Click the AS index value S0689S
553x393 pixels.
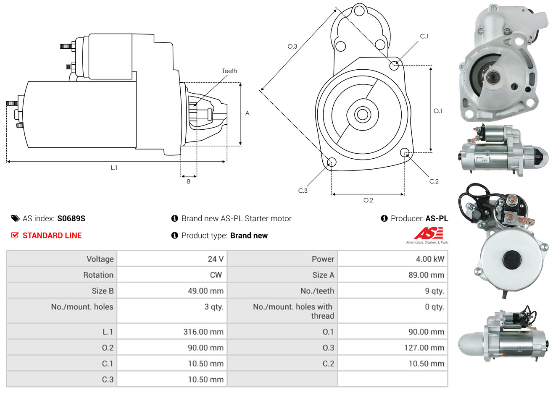click(x=71, y=218)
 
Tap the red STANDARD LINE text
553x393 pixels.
click(x=52, y=236)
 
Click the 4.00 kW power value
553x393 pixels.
click(x=429, y=259)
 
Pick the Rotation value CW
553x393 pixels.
click(x=216, y=275)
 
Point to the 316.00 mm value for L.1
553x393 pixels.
click(x=203, y=332)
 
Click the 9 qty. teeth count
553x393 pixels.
click(x=434, y=291)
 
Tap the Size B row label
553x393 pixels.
click(x=103, y=291)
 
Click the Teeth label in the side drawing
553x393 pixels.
click(x=229, y=71)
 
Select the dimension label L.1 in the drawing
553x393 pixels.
click(x=114, y=168)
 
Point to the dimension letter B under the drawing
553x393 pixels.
click(x=189, y=181)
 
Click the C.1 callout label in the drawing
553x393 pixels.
click(x=424, y=37)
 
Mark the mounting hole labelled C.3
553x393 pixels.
click(x=332, y=162)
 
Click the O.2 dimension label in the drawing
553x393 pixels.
click(x=368, y=200)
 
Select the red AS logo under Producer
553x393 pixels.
click(x=428, y=233)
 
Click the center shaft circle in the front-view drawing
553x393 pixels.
click(x=361, y=114)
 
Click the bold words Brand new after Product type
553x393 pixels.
click(x=249, y=236)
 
